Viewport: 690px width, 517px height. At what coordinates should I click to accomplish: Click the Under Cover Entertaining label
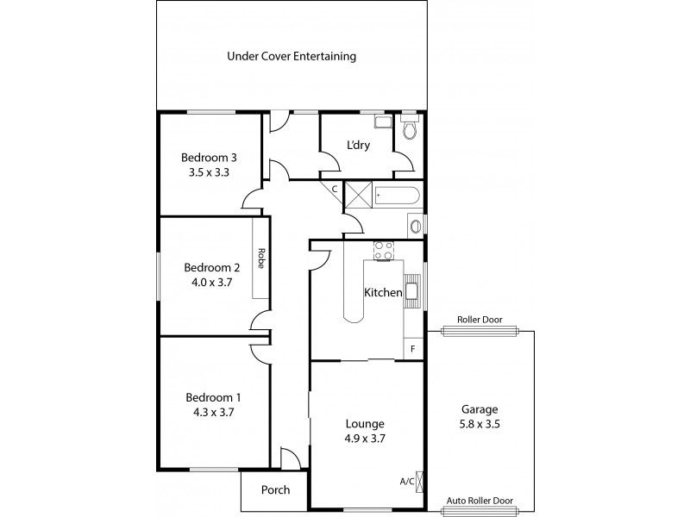coord(292,57)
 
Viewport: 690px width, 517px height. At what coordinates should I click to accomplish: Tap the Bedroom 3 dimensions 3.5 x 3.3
coord(209,172)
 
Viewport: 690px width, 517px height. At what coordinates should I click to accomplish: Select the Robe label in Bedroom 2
coord(260,259)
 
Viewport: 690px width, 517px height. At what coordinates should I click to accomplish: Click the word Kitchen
coord(383,293)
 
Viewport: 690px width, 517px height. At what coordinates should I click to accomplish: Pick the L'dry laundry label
coord(358,145)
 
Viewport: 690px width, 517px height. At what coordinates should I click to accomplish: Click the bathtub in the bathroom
coord(396,196)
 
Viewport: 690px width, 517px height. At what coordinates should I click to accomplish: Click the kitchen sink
coord(412,291)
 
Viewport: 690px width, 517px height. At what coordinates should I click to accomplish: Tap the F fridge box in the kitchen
coord(413,349)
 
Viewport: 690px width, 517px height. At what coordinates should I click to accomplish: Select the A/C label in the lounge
coord(406,482)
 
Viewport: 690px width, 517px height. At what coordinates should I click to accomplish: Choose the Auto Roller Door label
coord(479,500)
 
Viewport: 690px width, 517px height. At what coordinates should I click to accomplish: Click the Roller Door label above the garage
coord(479,318)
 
